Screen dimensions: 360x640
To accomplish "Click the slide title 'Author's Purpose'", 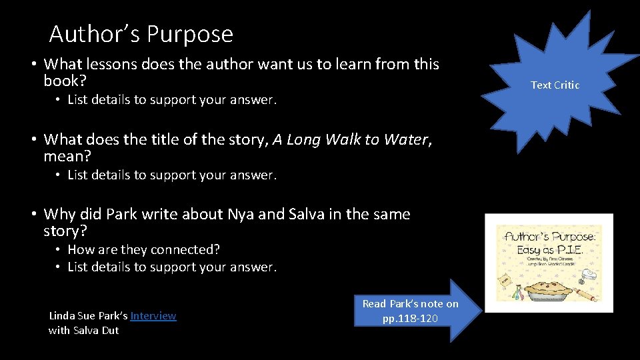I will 141,33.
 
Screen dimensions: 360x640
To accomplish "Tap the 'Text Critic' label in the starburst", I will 555,85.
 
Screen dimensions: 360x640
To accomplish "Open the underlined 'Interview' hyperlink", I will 153,316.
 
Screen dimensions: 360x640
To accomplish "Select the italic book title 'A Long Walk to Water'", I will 350,139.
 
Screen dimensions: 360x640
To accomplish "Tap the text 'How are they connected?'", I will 143,249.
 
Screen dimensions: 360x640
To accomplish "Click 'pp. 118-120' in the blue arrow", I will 410,318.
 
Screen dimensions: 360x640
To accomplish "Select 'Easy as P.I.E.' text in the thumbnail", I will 550,249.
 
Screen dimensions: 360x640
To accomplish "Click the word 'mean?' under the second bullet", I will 67,157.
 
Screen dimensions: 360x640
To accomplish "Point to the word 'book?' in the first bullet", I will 65,81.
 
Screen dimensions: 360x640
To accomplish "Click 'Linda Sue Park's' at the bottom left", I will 88,316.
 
